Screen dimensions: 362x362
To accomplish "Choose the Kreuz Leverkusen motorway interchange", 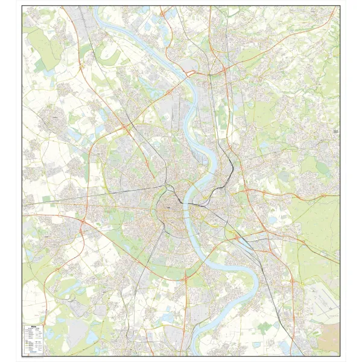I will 225,71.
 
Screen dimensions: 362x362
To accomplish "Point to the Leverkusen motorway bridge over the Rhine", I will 192,75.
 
